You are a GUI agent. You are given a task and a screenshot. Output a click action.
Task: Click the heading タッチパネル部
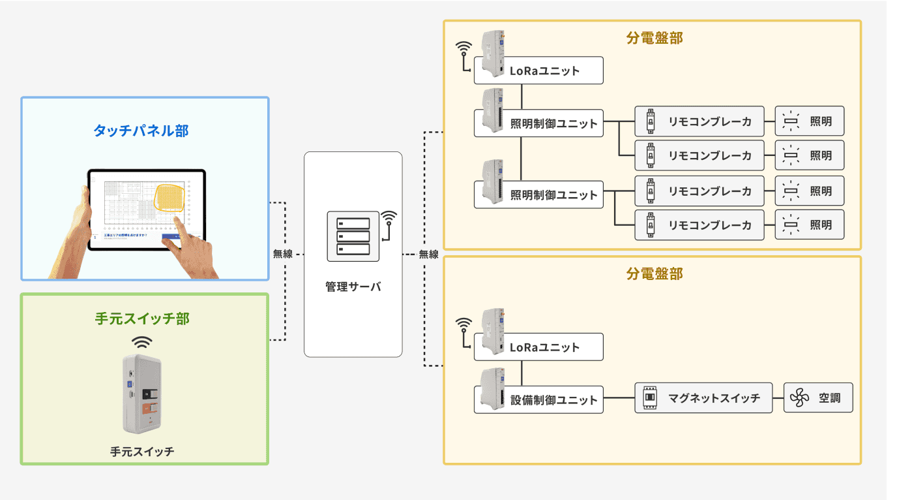(x=141, y=131)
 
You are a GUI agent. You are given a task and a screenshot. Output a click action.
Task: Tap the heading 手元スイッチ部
(x=142, y=319)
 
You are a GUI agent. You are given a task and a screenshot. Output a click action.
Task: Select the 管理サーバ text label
(x=353, y=287)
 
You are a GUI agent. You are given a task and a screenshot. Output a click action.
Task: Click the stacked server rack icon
(x=353, y=236)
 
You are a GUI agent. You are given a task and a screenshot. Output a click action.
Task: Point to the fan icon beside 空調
(x=799, y=398)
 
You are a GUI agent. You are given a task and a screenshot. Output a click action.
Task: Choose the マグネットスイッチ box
(x=703, y=398)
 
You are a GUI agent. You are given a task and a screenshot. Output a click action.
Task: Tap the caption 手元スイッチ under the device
(x=142, y=451)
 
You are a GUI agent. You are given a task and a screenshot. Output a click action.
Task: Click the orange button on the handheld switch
(x=148, y=409)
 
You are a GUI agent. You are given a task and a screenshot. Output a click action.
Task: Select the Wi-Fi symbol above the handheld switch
(x=142, y=341)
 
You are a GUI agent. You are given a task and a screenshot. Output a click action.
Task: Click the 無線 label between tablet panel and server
(x=283, y=254)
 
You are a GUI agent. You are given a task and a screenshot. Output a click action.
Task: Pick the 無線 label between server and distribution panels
(x=428, y=254)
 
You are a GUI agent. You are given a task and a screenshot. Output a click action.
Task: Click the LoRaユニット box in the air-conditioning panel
(x=538, y=347)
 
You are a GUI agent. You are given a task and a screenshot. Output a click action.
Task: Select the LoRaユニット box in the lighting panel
(x=538, y=70)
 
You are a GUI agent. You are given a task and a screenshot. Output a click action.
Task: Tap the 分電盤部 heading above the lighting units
(x=654, y=38)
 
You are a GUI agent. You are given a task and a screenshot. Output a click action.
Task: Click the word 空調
(x=829, y=398)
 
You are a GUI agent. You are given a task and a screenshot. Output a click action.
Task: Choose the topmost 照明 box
(x=809, y=121)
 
